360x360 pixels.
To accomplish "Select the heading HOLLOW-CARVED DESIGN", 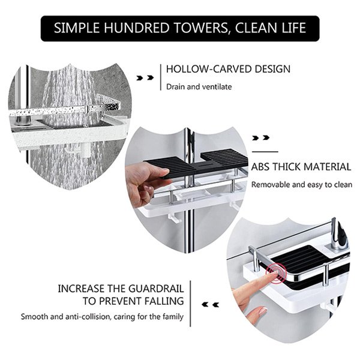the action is [228, 69].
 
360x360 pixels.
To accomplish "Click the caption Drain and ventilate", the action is [199, 87].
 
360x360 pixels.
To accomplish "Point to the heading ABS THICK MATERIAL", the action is [301, 167].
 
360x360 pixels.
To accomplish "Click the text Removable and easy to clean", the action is [301, 185].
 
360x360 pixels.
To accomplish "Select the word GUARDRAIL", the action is [156, 289].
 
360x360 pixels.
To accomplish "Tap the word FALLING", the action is [164, 301].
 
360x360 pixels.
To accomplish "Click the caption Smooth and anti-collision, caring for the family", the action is [102, 317].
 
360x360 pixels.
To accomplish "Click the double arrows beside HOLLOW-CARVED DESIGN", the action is [145, 78].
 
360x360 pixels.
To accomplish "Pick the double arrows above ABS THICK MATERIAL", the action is [261, 138].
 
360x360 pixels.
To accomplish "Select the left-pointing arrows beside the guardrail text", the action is [211, 305].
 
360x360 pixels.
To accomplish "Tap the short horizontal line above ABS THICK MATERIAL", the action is [265, 152].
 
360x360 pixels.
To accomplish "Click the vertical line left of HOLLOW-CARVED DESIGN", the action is [161, 77].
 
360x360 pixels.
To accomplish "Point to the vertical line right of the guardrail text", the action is [190, 304].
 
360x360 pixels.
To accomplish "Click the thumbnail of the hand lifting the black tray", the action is [187, 190].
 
